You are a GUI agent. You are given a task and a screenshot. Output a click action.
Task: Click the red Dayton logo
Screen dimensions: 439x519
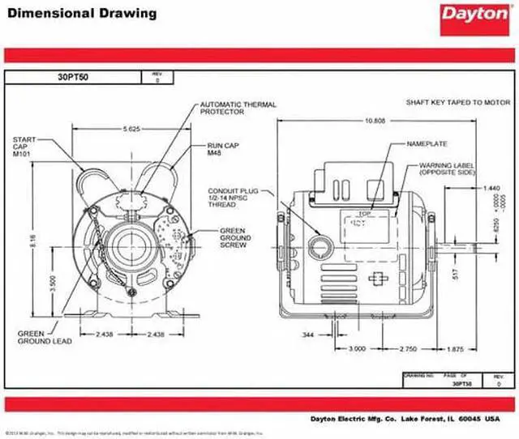click(x=473, y=15)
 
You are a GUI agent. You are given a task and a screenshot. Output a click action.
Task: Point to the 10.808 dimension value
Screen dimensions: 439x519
click(x=375, y=121)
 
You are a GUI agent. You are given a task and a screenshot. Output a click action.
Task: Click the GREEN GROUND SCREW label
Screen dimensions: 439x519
click(x=234, y=237)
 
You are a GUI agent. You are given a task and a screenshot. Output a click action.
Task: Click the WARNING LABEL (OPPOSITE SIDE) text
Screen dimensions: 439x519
click(x=446, y=168)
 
